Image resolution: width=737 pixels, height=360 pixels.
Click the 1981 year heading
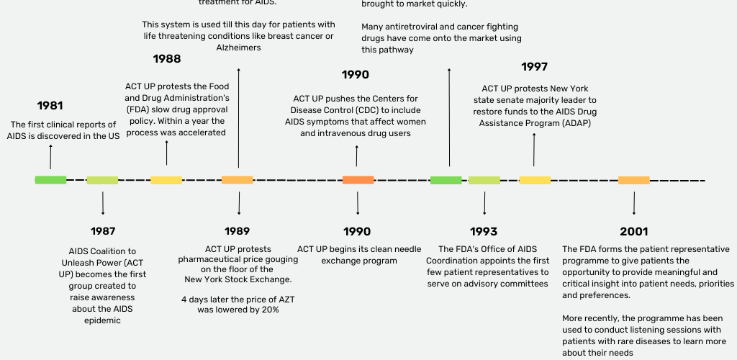click(50, 106)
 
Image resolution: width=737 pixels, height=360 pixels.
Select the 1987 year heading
click(103, 231)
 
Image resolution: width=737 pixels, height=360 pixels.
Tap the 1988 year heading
click(167, 59)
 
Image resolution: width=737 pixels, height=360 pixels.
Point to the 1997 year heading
click(535, 67)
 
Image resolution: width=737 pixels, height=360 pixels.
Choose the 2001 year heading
click(634, 232)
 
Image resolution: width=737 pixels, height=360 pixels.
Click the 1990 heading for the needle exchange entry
click(357, 232)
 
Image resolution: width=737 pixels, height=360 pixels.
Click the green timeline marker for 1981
click(51, 180)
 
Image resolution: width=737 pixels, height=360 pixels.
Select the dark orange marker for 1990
click(358, 180)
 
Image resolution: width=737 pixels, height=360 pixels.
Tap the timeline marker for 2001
click(634, 180)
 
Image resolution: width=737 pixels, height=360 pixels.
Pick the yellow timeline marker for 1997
click(535, 180)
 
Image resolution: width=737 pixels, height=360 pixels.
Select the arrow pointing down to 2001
click(634, 204)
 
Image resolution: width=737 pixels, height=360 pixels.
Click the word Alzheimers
click(238, 48)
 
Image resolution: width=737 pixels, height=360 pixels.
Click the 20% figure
click(270, 310)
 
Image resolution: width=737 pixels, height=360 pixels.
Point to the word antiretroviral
click(409, 27)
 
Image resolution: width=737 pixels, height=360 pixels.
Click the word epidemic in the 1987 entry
click(102, 320)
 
